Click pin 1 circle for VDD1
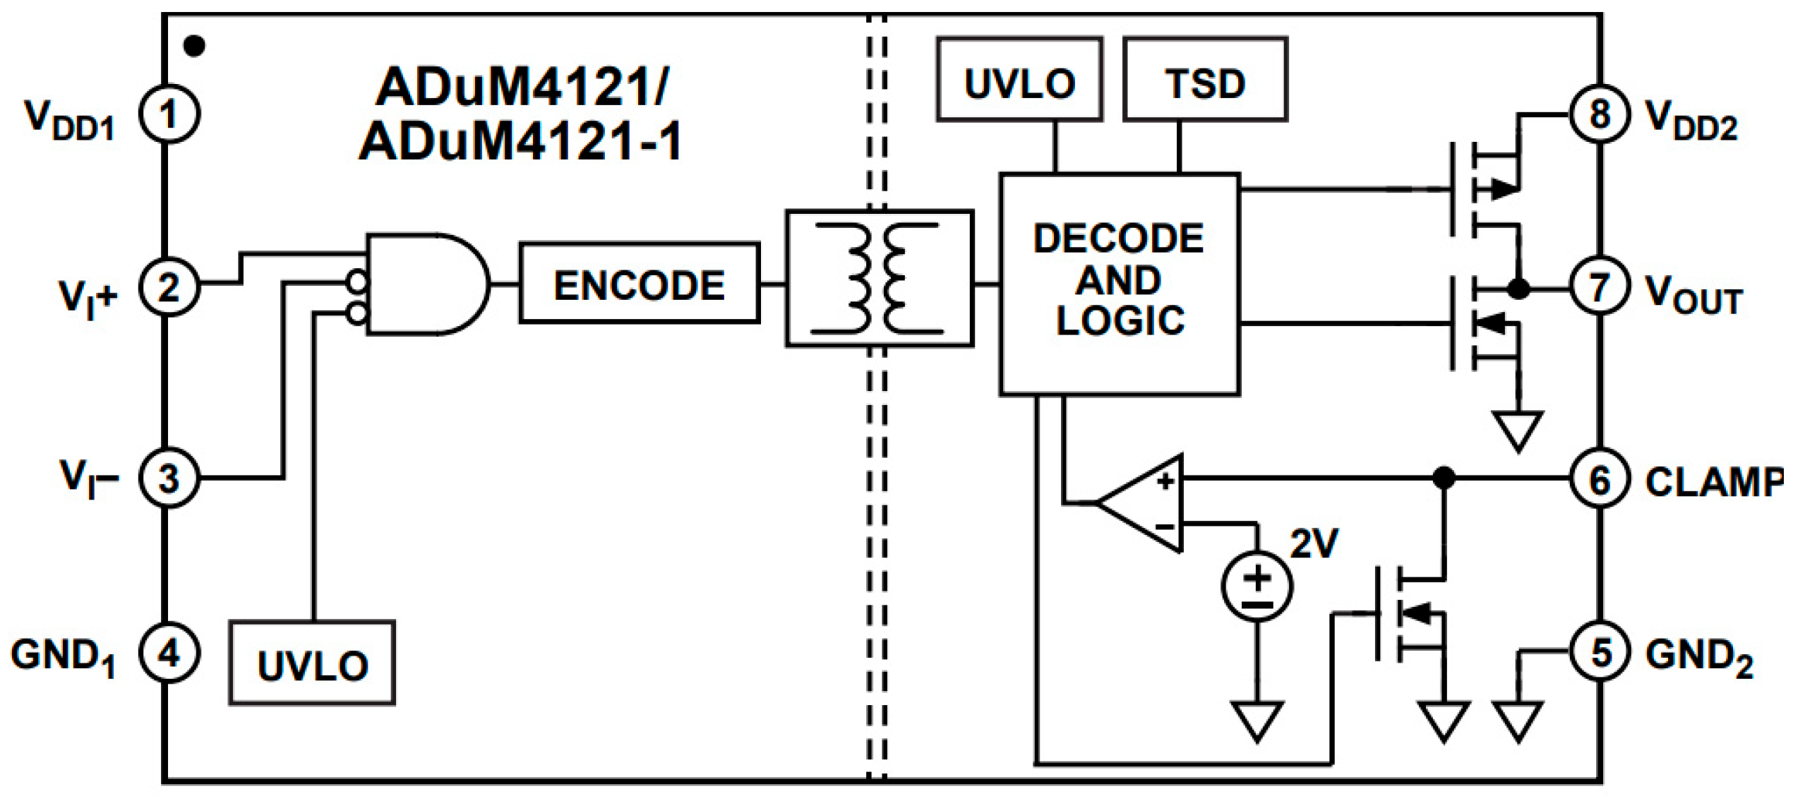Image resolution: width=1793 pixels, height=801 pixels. [168, 114]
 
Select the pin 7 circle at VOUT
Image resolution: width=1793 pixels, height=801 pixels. [1598, 288]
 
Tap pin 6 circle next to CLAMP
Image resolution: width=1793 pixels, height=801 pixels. [1598, 480]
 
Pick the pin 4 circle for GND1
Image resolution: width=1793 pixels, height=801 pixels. [168, 654]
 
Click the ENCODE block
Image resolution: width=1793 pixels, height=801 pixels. [639, 284]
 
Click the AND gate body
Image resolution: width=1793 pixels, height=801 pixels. [424, 284]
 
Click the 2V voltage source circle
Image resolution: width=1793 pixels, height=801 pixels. [1257, 586]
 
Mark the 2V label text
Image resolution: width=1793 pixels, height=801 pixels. [1314, 543]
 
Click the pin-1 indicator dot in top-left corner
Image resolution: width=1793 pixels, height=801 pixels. [194, 46]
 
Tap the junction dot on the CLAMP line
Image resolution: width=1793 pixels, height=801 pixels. [1444, 478]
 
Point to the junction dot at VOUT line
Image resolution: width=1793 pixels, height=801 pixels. [1518, 289]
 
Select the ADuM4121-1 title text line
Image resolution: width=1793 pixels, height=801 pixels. [521, 141]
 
